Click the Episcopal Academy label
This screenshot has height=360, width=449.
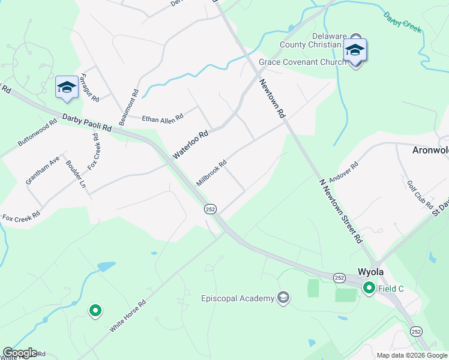click(237, 298)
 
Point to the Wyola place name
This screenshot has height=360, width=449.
click(370, 271)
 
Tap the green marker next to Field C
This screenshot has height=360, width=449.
click(369, 289)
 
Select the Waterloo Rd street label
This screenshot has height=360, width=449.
click(190, 145)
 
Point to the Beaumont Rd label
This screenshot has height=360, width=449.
click(129, 107)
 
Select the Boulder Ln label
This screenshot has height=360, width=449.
click(76, 173)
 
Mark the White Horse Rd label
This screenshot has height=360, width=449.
click(128, 316)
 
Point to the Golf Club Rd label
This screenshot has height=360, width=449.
click(420, 194)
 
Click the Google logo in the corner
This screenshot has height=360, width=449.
click(20, 353)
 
